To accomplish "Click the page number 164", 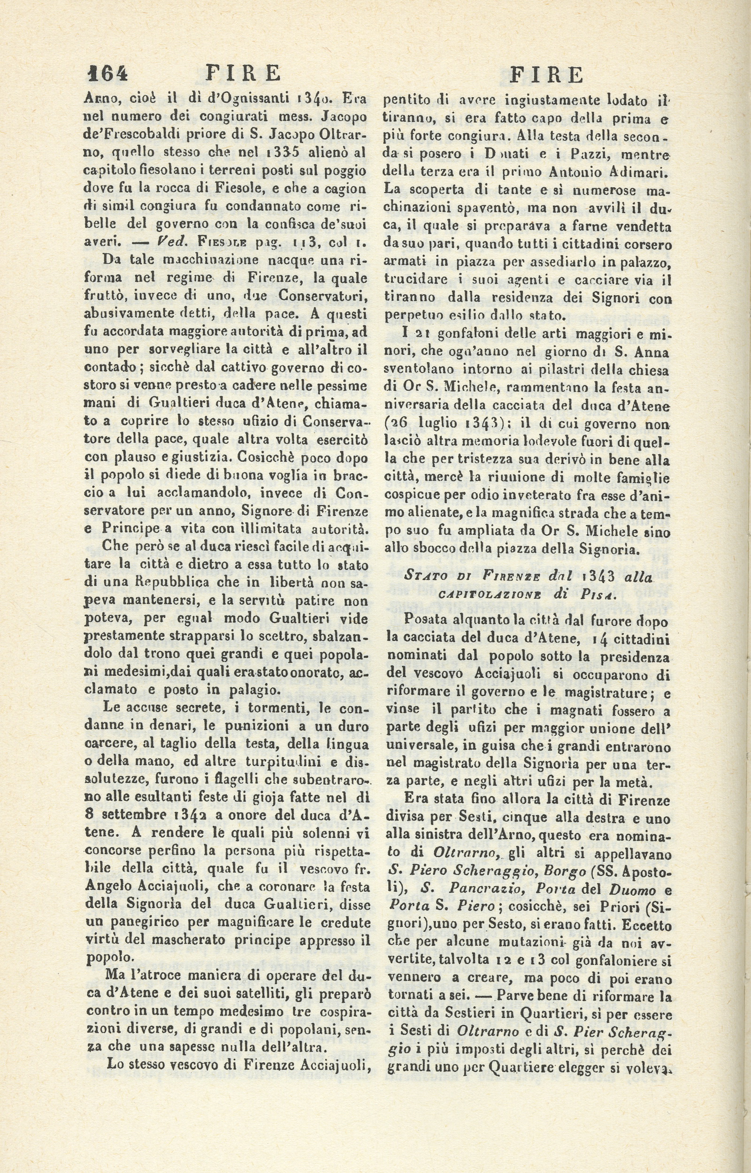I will pos(107,74).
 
